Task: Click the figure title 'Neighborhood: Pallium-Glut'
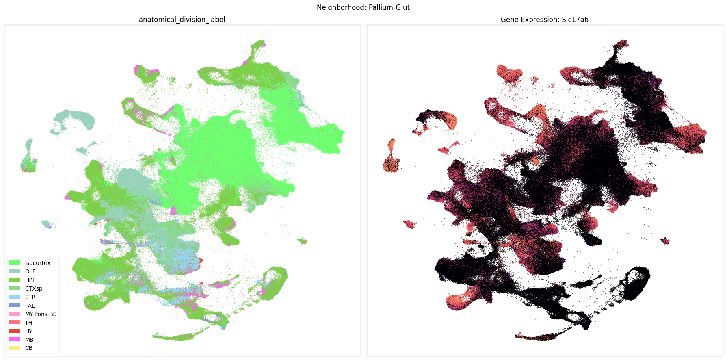point(363,7)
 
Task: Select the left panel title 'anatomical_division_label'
point(182,20)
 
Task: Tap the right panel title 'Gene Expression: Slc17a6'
point(544,20)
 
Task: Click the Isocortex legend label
point(38,263)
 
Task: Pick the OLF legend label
point(30,271)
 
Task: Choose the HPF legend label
point(30,280)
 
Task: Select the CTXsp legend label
point(34,288)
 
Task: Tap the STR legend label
point(30,297)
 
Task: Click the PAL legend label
point(30,306)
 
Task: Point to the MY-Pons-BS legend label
point(41,314)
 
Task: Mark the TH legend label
point(28,323)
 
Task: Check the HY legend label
point(28,331)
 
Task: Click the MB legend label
point(29,340)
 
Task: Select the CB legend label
point(28,348)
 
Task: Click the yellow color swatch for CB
point(15,348)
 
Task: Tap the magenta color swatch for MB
point(15,340)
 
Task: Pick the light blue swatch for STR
point(15,297)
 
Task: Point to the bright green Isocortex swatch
point(15,263)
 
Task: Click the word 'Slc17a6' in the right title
point(575,20)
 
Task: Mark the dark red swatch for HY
point(15,331)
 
